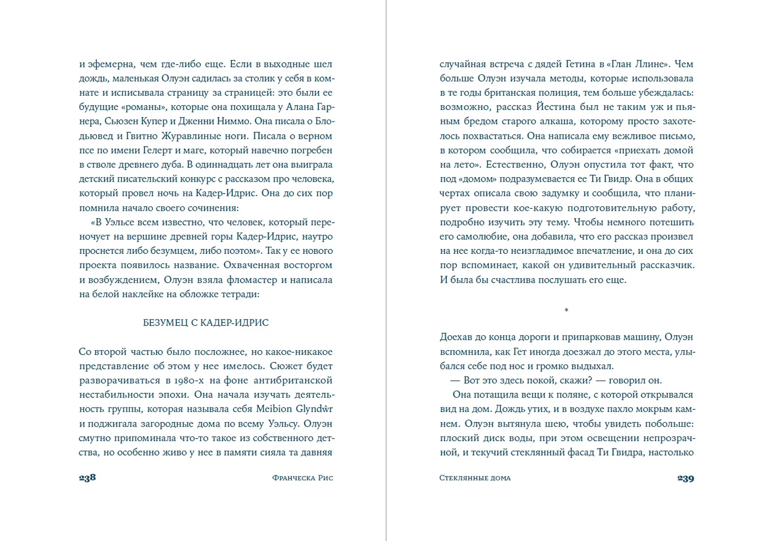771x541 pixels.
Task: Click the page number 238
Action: coord(87,478)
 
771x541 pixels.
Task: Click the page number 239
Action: coord(685,478)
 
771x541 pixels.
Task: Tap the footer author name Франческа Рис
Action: coord(302,478)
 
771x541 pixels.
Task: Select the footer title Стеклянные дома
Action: coord(475,478)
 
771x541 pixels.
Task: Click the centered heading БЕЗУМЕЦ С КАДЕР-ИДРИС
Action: coord(206,323)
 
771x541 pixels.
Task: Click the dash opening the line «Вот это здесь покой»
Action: coord(454,381)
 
